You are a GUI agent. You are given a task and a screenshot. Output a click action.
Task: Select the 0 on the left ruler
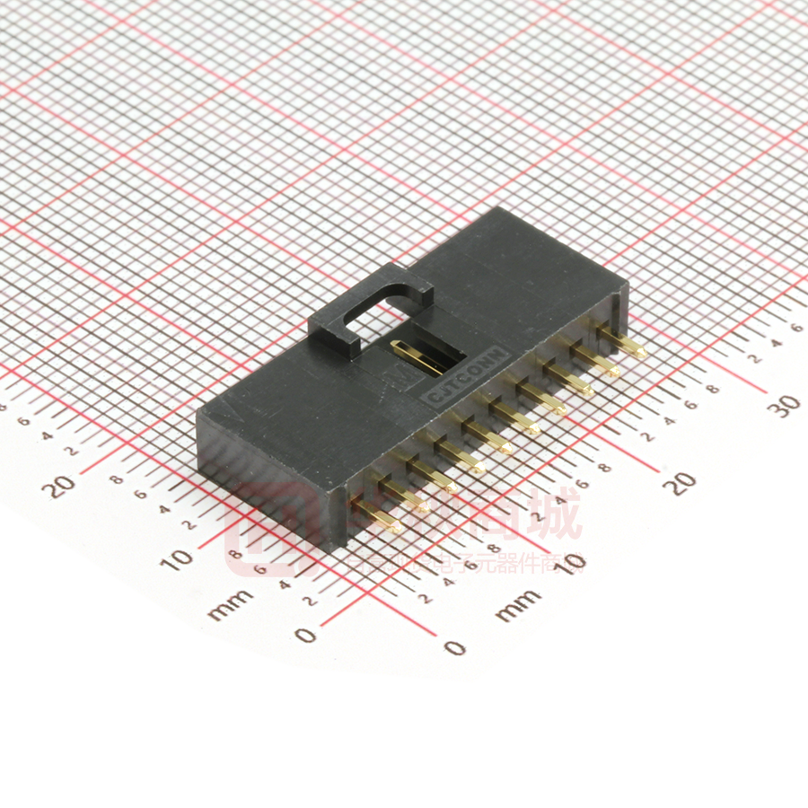306,636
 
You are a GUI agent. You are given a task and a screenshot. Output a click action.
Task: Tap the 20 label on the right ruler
686,483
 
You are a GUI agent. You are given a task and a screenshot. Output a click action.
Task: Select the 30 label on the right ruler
787,405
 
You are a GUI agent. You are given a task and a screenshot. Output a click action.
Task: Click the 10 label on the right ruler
572,562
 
